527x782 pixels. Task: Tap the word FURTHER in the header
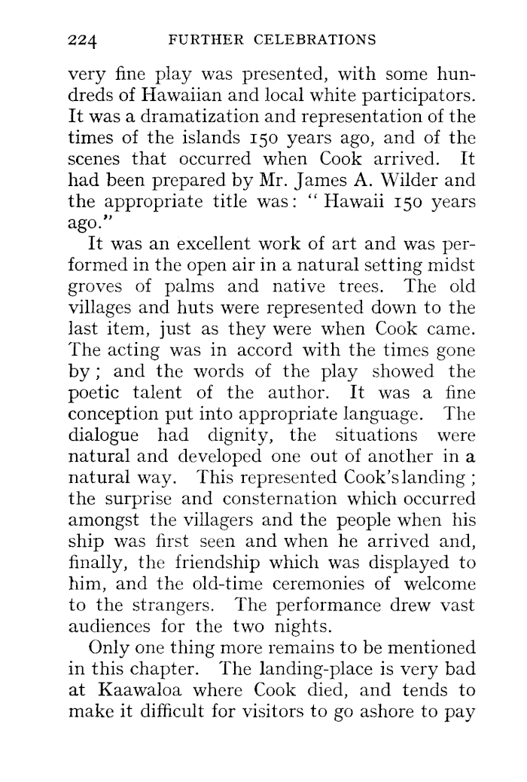click(x=207, y=38)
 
